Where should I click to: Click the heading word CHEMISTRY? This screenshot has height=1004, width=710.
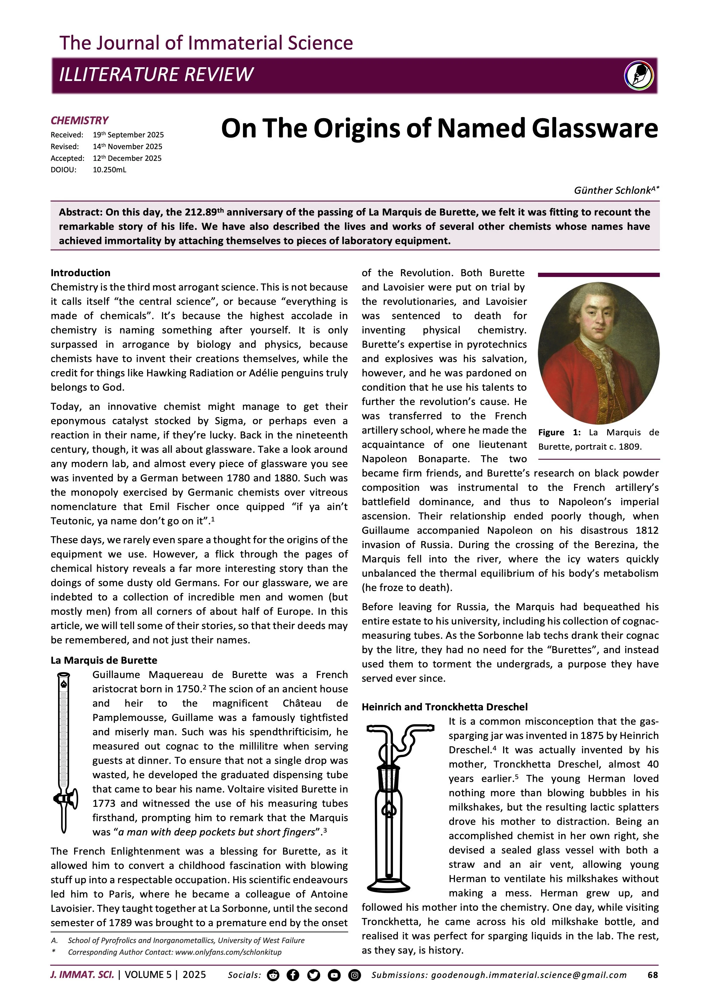pos(80,121)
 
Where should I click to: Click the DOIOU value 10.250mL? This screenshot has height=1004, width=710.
pos(109,170)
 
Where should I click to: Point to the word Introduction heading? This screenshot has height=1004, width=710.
pos(80,273)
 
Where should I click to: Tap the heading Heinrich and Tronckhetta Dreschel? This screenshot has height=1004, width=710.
pos(445,707)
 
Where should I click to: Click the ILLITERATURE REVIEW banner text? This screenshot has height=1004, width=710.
pos(156,74)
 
